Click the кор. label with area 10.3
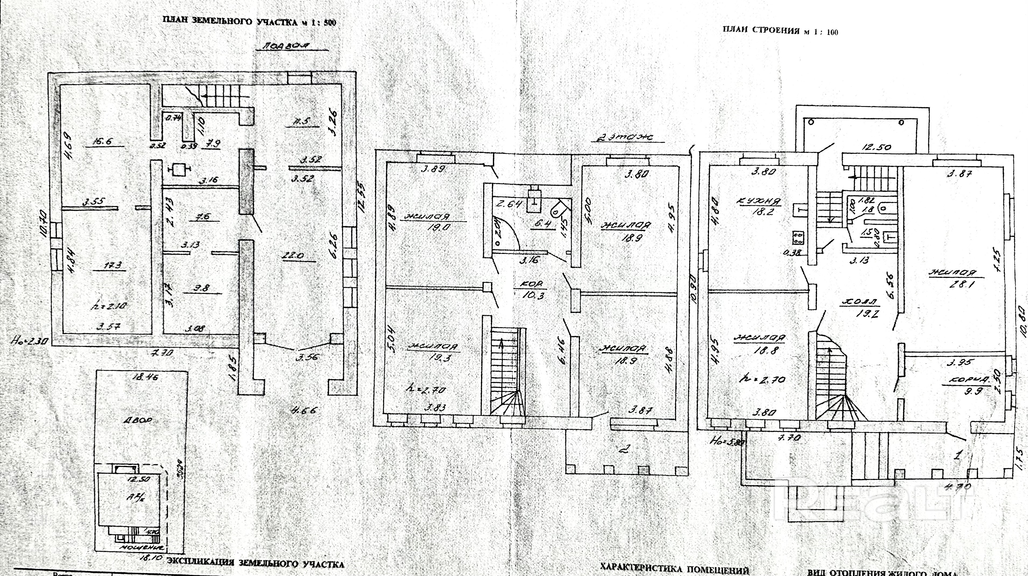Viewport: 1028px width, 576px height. coord(533,284)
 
